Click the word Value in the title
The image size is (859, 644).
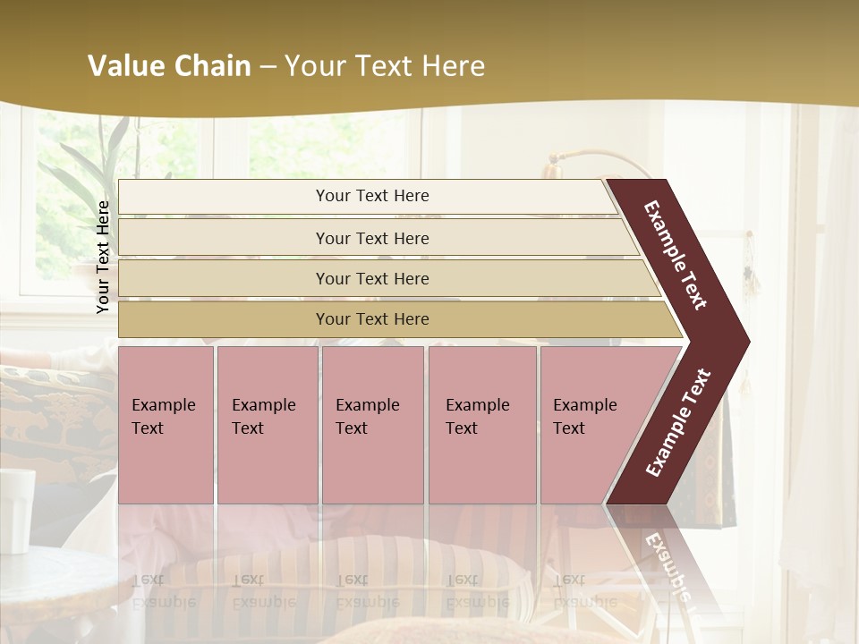pos(124,66)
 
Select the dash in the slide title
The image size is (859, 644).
pos(268,67)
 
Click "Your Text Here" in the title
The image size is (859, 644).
pos(385,66)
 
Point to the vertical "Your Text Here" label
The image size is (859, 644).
pos(103,257)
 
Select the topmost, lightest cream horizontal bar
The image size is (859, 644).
pos(371,197)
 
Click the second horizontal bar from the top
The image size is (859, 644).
pos(371,238)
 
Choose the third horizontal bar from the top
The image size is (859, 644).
pos(371,278)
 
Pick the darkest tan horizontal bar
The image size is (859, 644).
pos(371,319)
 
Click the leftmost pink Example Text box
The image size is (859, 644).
pos(166,425)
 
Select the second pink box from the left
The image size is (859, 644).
pos(267,425)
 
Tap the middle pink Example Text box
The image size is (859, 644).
pos(372,425)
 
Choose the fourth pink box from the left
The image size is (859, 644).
pos(481,425)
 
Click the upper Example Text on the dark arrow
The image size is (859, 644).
pos(676,255)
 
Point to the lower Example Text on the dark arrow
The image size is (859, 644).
pos(678,422)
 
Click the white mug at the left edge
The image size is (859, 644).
pos(16,510)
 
